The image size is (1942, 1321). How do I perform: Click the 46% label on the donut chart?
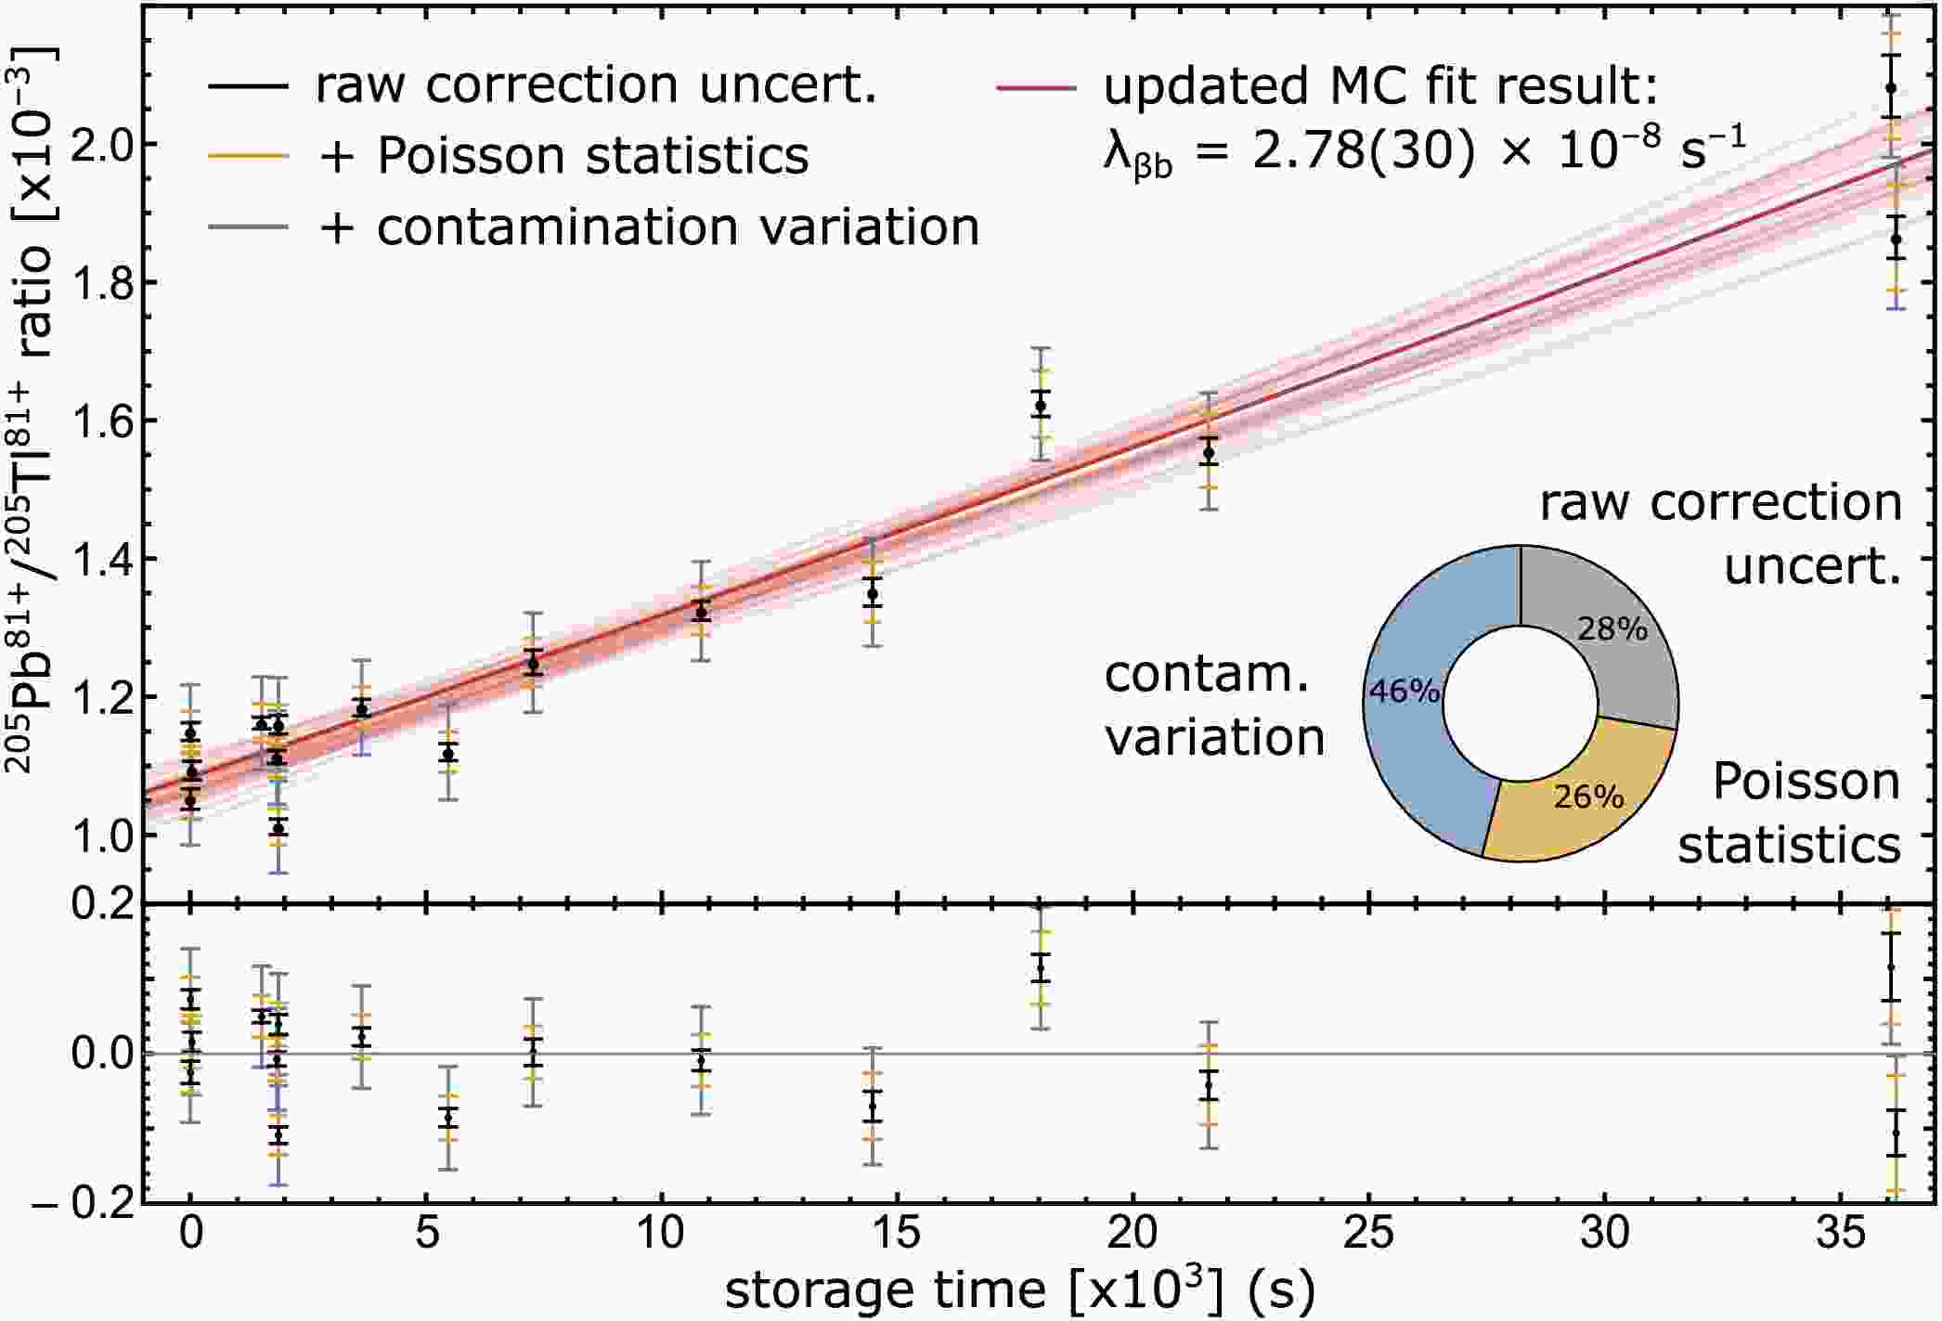click(x=1405, y=691)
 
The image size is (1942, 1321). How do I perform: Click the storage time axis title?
click(x=1019, y=1289)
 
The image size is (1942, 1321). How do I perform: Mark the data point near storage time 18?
click(x=1041, y=406)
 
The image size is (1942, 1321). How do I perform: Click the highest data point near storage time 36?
click(x=1891, y=88)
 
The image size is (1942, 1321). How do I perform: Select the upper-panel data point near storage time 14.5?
click(x=872, y=594)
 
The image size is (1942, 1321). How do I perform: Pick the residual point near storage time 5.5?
click(x=448, y=1119)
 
